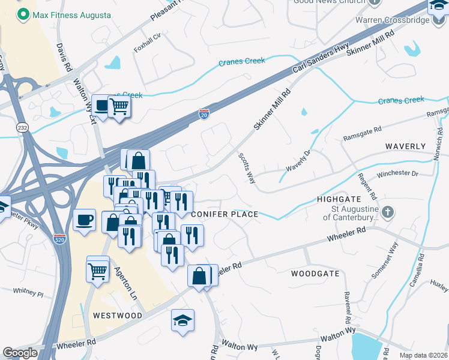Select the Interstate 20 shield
point(204,113)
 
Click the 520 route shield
point(59,238)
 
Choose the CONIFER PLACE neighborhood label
point(224,214)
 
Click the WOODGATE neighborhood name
point(315,274)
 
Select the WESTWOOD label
point(118,315)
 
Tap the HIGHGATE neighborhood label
point(339,199)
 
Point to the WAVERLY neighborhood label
point(405,146)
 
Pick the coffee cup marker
point(84,219)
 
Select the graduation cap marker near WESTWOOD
point(182,320)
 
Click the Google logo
point(20,353)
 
